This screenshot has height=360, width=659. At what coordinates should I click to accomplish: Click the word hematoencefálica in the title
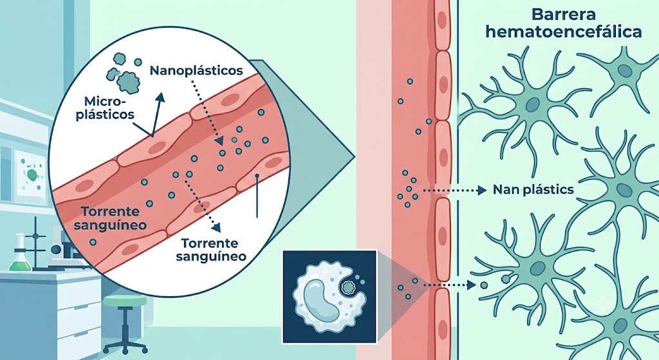point(564,32)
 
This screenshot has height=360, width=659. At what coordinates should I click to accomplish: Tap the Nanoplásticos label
point(196,70)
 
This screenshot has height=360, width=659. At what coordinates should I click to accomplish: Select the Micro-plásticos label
point(106,108)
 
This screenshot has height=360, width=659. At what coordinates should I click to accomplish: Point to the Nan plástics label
point(533,190)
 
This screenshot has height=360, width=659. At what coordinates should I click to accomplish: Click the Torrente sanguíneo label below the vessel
point(211,250)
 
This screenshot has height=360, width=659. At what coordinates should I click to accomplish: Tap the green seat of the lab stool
point(125,301)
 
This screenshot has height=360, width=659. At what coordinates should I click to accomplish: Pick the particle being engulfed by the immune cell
point(348,288)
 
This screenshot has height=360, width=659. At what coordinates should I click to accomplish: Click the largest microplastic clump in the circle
point(129,81)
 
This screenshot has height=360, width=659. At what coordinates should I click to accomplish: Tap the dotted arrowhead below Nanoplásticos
point(219,142)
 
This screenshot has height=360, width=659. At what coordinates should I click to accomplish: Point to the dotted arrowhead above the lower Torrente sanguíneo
point(216,227)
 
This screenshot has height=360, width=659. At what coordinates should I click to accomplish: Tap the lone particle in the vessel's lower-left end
point(93,242)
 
